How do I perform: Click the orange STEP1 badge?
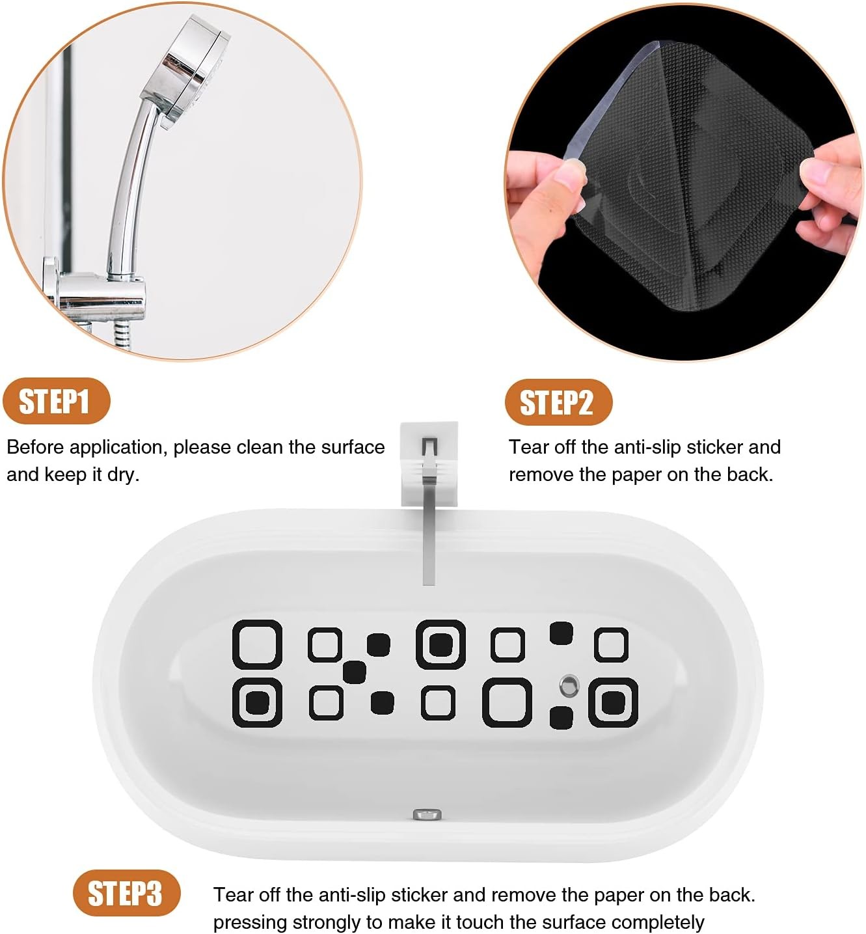[57, 401]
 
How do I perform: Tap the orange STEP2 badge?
[558, 402]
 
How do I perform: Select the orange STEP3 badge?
[127, 894]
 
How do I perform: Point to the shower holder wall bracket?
[94, 292]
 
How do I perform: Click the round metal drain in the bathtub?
[569, 685]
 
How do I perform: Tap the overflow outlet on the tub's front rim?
[427, 814]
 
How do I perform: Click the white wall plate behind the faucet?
[429, 463]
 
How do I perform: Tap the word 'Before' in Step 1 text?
[35, 447]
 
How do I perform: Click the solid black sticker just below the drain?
[562, 718]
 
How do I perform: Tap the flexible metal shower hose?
[121, 335]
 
